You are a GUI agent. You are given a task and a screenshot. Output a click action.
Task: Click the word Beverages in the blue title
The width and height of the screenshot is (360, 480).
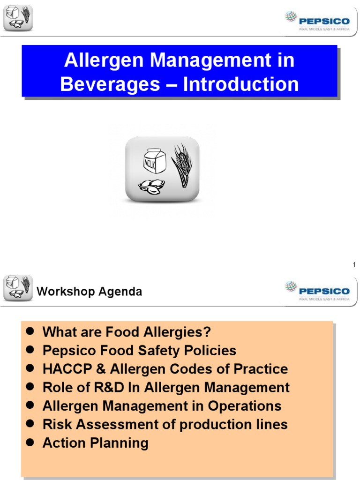(110, 84)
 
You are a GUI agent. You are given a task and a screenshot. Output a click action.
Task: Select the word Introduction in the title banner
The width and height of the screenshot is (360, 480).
(241, 84)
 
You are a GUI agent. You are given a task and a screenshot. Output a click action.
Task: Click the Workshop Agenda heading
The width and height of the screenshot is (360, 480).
(89, 292)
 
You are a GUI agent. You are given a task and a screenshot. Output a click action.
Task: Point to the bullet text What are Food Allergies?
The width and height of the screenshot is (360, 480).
(127, 332)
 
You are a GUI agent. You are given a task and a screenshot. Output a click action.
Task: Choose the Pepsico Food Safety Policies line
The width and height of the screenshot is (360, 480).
(139, 351)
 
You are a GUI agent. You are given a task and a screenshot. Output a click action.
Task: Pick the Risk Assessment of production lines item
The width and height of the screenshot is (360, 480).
(165, 424)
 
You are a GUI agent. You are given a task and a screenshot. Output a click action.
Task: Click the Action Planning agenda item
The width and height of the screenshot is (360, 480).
(95, 443)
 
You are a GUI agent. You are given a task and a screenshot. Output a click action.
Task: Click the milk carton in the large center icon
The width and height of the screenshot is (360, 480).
(155, 162)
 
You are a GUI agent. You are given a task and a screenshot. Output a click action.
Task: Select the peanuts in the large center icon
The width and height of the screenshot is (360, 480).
(151, 186)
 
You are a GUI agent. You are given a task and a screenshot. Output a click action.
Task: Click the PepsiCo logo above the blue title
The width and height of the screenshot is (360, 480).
(317, 21)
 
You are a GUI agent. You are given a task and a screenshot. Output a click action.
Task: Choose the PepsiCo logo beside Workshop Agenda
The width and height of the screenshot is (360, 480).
(317, 291)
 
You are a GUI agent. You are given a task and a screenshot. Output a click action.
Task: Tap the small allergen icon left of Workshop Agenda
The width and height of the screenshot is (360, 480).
(18, 288)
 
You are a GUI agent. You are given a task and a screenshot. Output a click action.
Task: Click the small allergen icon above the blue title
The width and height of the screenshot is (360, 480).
(18, 18)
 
